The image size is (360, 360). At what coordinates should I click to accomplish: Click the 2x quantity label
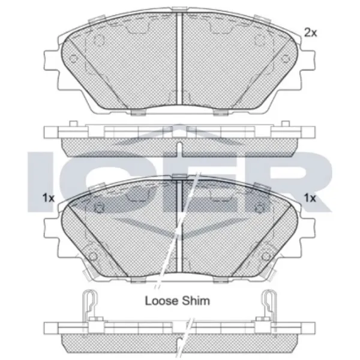(310, 32)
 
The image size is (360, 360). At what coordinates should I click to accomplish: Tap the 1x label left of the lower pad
(49, 198)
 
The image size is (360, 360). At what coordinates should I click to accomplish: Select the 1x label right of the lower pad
(310, 198)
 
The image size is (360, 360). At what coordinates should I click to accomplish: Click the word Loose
(161, 301)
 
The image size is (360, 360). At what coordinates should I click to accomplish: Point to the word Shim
(196, 301)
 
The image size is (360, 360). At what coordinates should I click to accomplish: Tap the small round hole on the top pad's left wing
(73, 59)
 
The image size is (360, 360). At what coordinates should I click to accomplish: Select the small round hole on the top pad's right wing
(286, 59)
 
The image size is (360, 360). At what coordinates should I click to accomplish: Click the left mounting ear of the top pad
(51, 60)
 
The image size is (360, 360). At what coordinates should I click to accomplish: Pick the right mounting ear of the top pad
(308, 60)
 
